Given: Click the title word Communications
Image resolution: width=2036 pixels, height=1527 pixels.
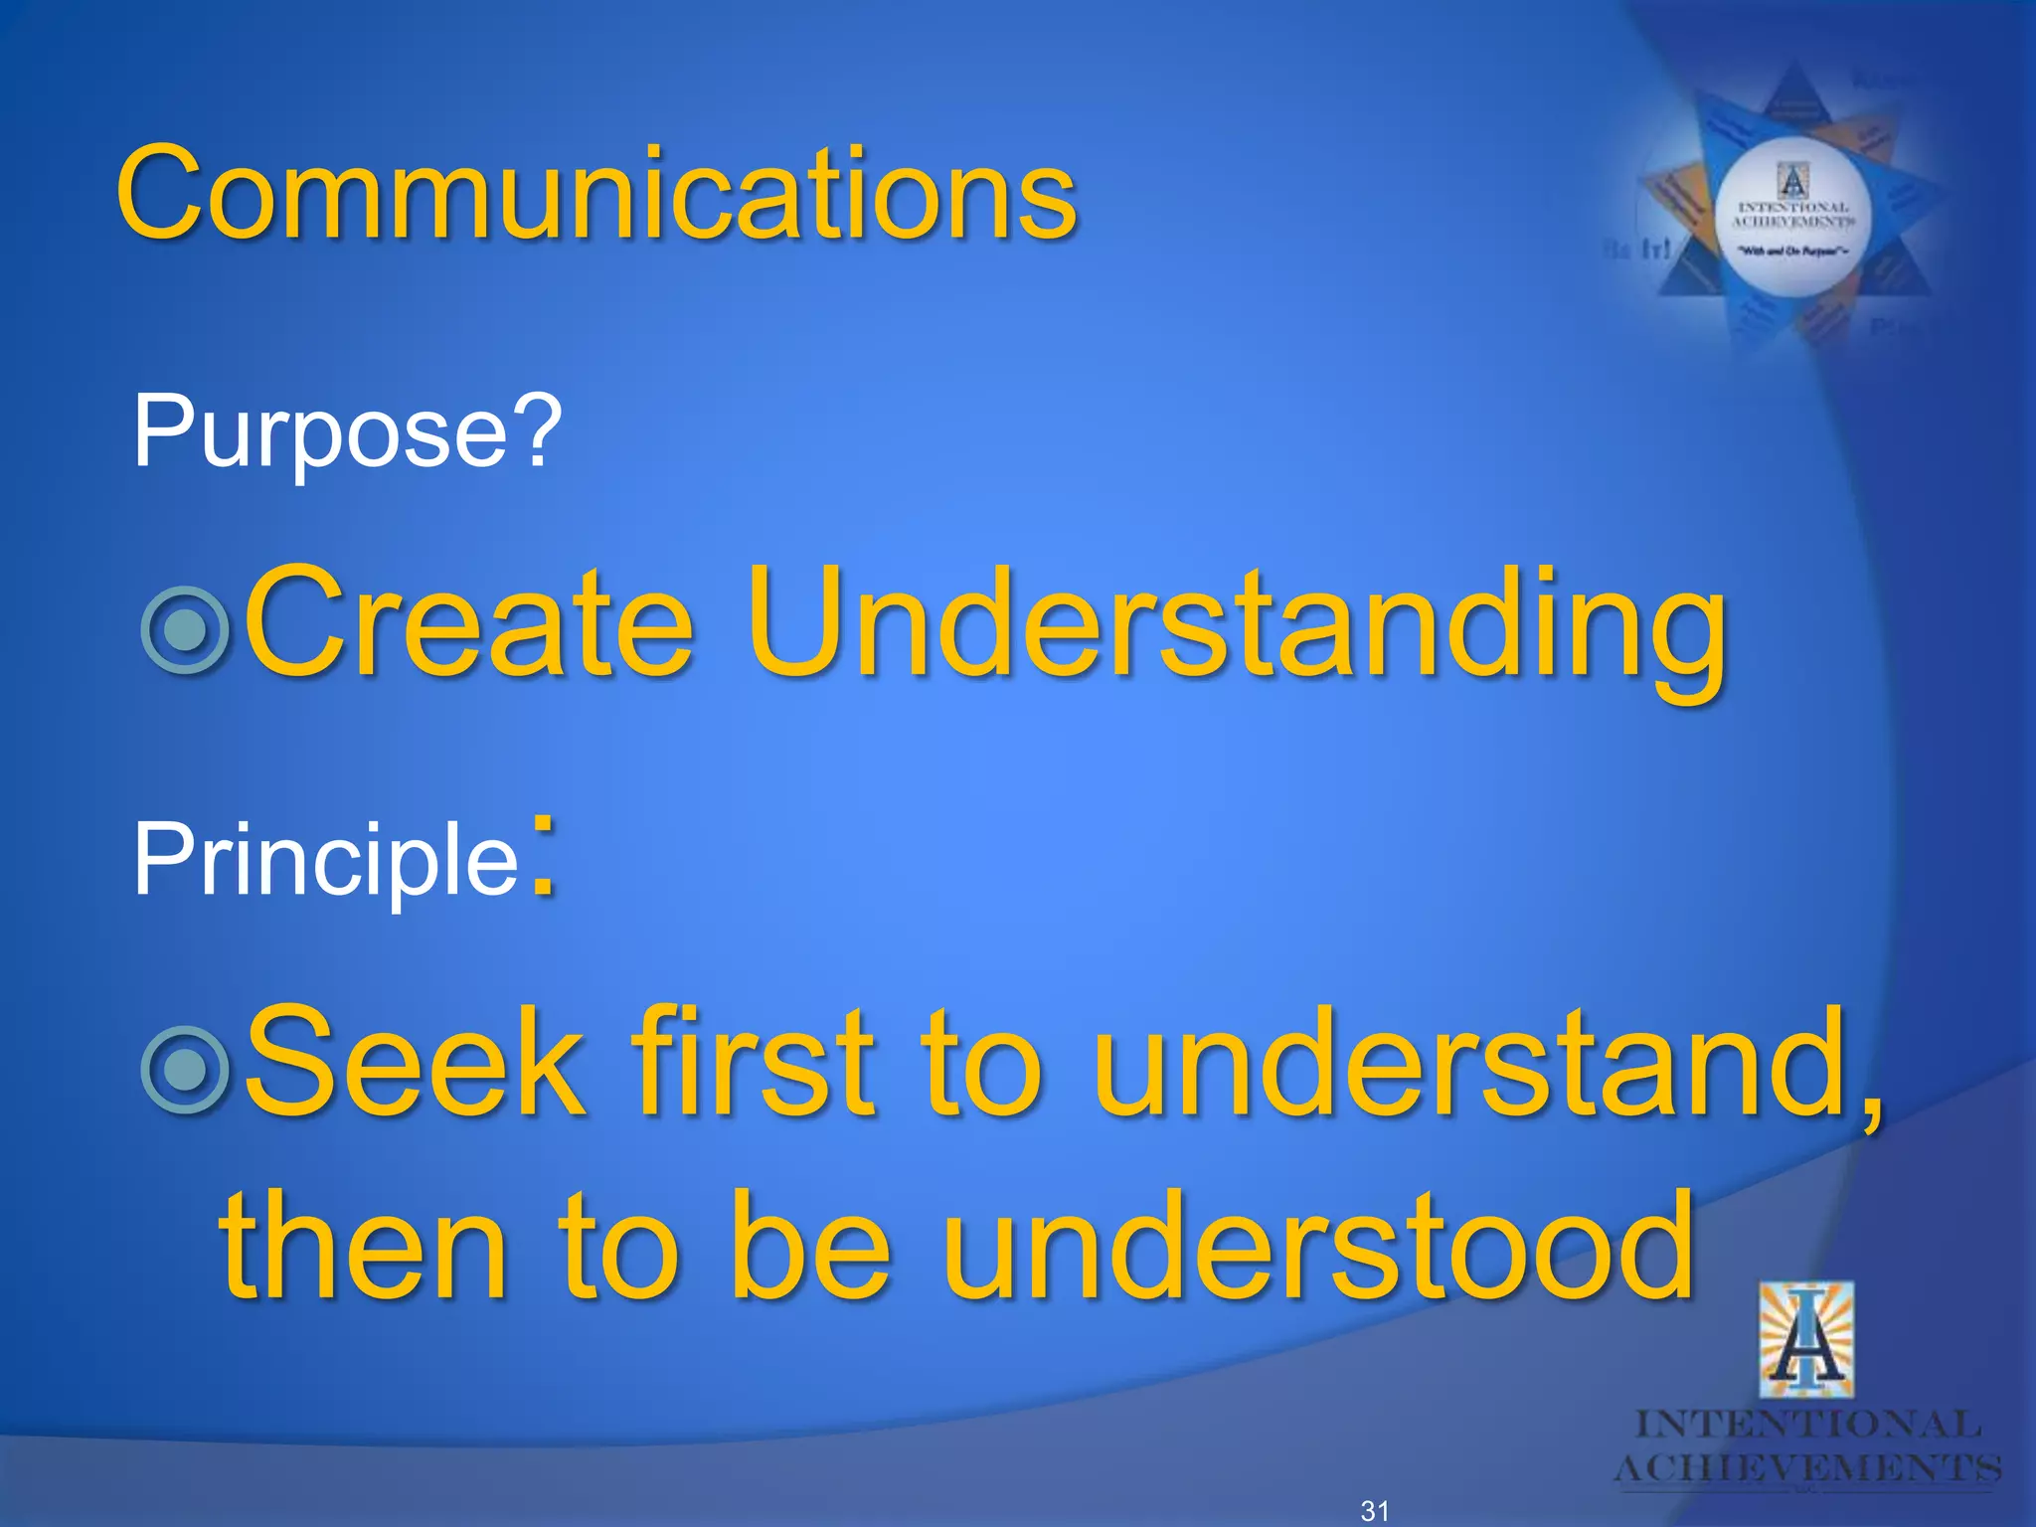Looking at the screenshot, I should tap(596, 194).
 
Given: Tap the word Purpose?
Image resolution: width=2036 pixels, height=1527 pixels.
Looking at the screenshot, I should tap(347, 432).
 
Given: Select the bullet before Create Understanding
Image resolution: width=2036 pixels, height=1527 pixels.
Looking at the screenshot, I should tap(186, 630).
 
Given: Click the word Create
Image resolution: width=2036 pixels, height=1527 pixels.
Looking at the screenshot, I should tap(468, 623).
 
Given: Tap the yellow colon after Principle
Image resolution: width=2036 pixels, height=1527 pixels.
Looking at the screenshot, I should tap(543, 857).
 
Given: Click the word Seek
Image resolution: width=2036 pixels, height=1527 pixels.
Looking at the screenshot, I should tap(414, 1064).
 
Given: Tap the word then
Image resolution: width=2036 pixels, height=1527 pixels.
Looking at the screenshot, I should tap(363, 1248).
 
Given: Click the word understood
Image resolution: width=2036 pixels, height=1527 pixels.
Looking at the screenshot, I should tap(1316, 1248).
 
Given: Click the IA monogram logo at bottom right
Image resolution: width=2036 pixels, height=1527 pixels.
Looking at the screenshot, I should tap(1805, 1340).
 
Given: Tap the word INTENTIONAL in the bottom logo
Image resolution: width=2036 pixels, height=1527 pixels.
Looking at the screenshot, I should tap(1807, 1425).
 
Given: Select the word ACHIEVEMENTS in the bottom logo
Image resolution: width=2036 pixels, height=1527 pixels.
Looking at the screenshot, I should tap(1807, 1468).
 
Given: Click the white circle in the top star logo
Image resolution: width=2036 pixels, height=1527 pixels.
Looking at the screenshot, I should tap(1793, 218).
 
